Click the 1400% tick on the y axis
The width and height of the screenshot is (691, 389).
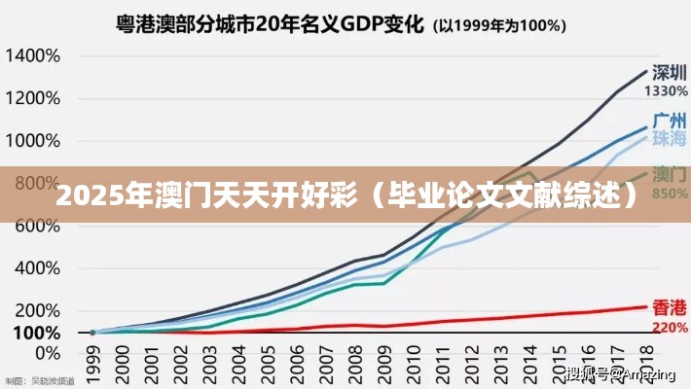point(31,55)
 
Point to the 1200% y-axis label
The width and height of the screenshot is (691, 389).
point(31,98)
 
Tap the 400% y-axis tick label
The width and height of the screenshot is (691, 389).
point(36,267)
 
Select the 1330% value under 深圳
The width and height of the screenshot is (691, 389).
point(668,90)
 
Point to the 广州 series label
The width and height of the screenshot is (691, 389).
point(671,122)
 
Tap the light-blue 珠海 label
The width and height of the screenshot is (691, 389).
point(670,139)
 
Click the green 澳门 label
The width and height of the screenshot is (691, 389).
point(671,175)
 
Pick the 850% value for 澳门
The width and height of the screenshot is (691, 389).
point(671,193)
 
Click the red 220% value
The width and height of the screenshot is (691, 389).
point(671,327)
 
